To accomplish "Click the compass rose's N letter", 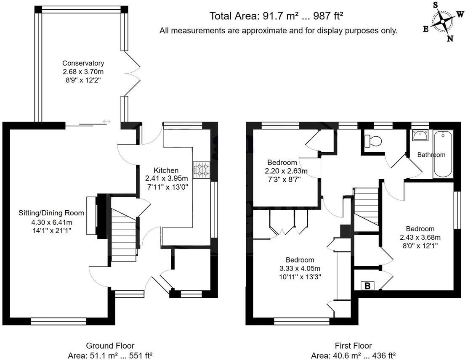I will [449, 39].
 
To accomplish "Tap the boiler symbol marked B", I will [367, 286].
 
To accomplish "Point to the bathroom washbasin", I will [420, 136].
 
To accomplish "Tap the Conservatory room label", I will [83, 64].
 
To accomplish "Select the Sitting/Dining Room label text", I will [51, 213].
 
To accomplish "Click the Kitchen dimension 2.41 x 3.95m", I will [166, 178].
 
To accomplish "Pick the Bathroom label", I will [431, 155].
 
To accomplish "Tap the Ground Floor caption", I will [110, 346].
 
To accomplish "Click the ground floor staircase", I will [124, 236].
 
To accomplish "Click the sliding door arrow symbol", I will [106, 122].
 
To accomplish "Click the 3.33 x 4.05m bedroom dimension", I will [300, 269].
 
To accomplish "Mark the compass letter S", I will [435, 5].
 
